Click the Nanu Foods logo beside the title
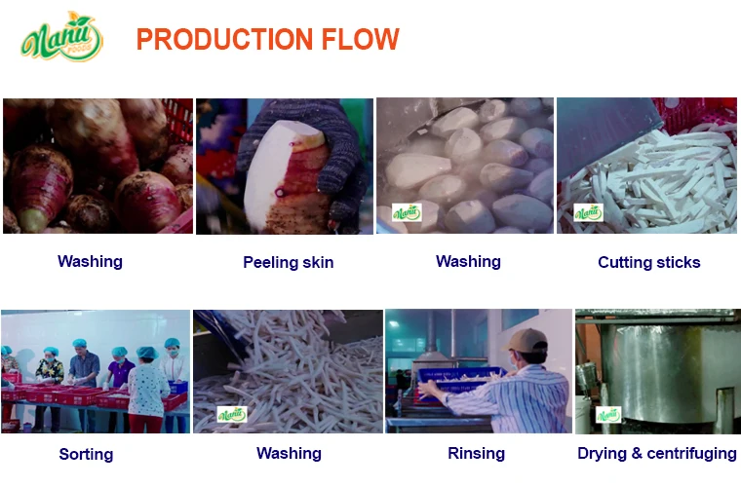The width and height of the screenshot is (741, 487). [61, 37]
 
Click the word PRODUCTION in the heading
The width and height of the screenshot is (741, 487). [225, 39]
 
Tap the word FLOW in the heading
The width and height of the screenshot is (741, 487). [361, 39]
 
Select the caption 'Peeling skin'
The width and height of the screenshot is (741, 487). [289, 262]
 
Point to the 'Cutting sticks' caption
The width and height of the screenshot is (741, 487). [648, 262]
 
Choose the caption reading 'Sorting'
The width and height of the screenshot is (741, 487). [86, 454]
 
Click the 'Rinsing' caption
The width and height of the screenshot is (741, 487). [476, 453]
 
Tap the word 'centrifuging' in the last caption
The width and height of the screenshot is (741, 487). [691, 453]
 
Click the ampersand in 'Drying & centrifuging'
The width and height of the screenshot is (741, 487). [636, 453]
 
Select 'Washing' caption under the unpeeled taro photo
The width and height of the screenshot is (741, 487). [90, 261]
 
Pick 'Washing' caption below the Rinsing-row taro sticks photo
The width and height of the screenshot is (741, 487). [289, 453]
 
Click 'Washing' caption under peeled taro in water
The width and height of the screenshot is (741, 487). [468, 261]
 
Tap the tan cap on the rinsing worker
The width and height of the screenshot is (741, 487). [526, 340]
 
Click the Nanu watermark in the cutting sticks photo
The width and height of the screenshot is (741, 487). [588, 213]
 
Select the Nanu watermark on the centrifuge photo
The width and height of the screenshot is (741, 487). [608, 415]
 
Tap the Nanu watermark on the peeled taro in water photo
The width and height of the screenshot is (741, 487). [407, 213]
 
